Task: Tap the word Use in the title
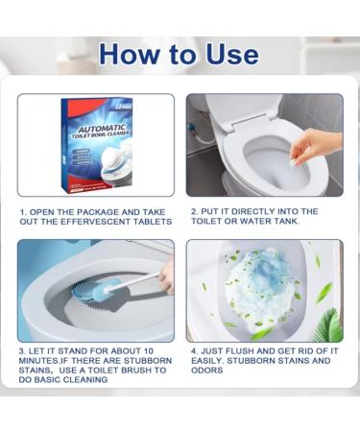point(228,53)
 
